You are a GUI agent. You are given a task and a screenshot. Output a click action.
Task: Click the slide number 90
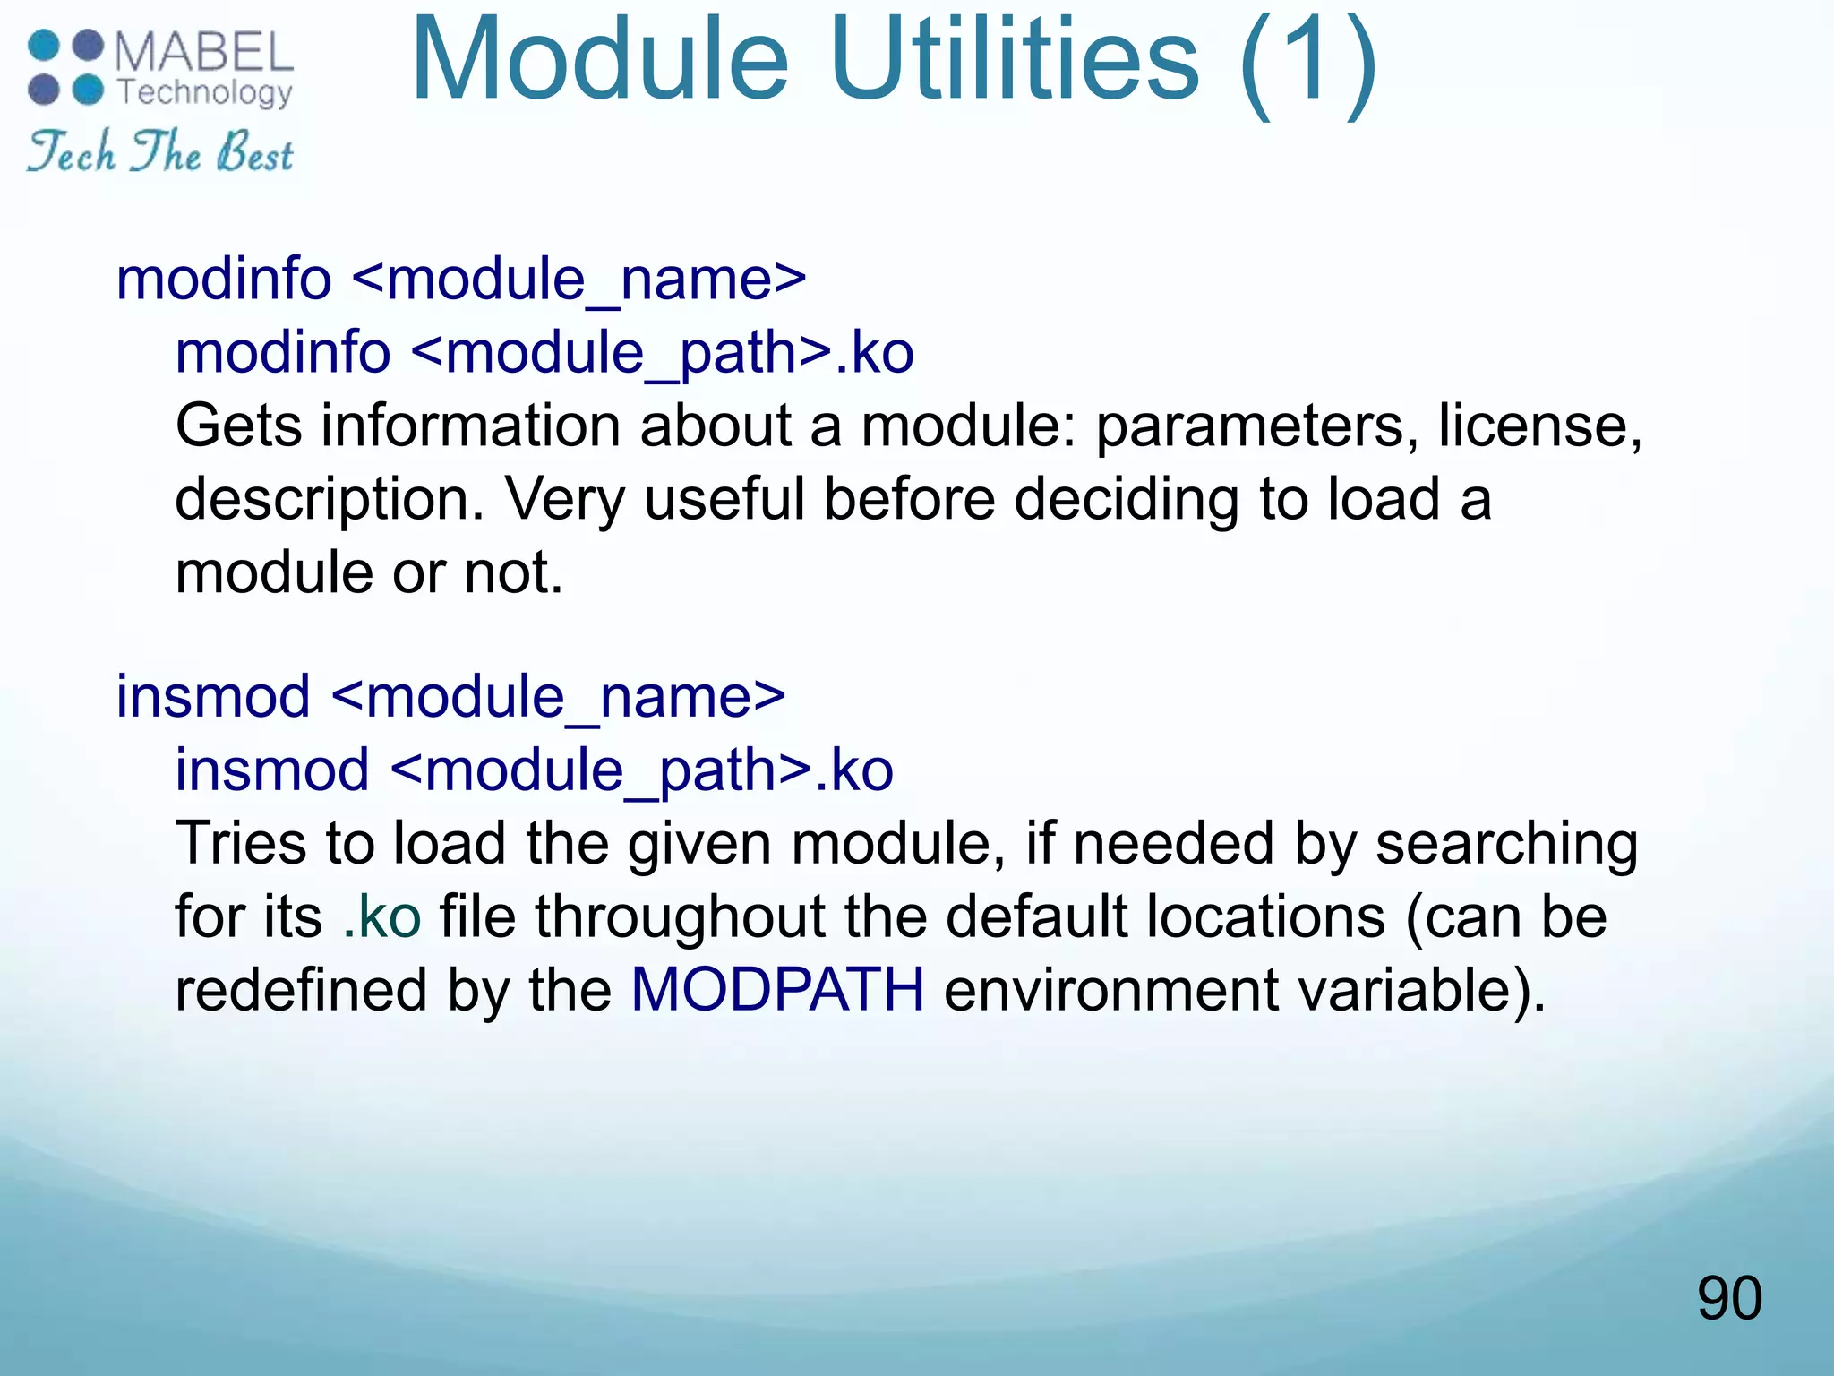1729,1298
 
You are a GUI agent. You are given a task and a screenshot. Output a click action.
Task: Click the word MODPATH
777,990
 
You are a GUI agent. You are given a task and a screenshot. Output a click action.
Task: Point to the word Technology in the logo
205,92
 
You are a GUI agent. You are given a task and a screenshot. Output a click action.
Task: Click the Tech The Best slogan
160,151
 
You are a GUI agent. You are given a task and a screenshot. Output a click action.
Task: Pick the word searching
1506,845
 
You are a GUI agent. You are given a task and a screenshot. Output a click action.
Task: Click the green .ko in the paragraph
382,916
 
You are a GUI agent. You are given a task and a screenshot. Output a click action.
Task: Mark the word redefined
301,990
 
